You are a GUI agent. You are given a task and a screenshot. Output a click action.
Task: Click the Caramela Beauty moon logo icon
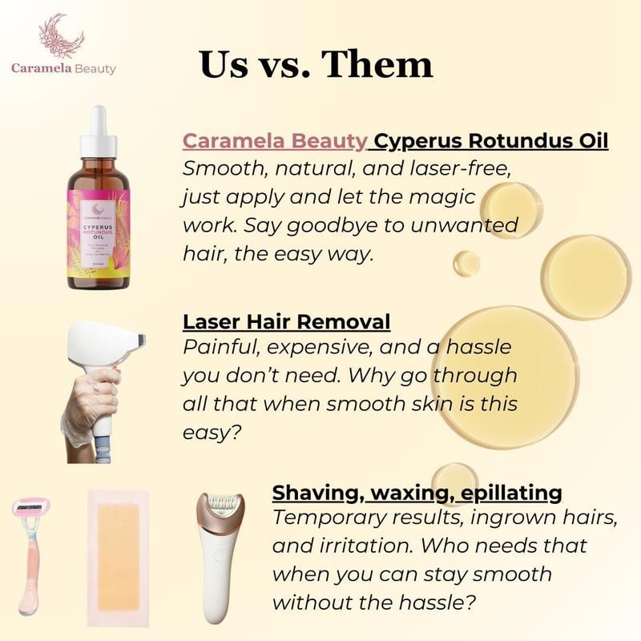[63, 36]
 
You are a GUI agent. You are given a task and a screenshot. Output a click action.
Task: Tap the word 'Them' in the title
[377, 64]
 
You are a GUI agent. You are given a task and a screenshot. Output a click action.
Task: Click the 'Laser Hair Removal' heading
[286, 322]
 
